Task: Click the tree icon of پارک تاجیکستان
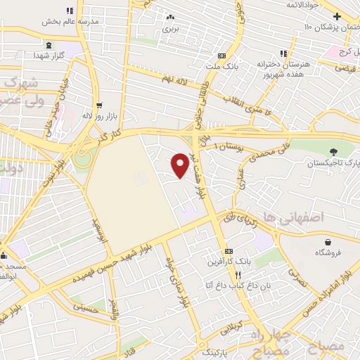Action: coord(333,150)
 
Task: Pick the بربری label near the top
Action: coord(171,29)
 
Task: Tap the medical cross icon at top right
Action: coord(337,15)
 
